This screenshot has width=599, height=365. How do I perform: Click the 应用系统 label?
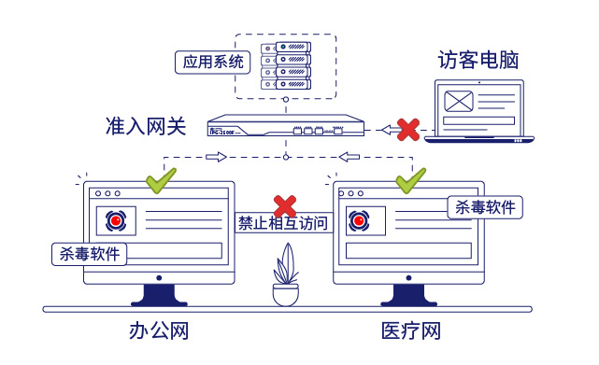pos(212,63)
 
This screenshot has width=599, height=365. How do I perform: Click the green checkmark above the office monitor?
pos(161,178)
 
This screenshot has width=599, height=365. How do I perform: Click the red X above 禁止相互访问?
pos(284,204)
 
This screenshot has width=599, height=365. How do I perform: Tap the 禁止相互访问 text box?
pos(282,224)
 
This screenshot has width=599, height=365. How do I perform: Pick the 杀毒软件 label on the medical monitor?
pos(485,206)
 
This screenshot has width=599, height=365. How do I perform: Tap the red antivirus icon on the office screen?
pos(116,221)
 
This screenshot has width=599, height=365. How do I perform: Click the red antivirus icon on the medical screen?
pos(358,221)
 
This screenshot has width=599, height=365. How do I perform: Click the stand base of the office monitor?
pos(159,298)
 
